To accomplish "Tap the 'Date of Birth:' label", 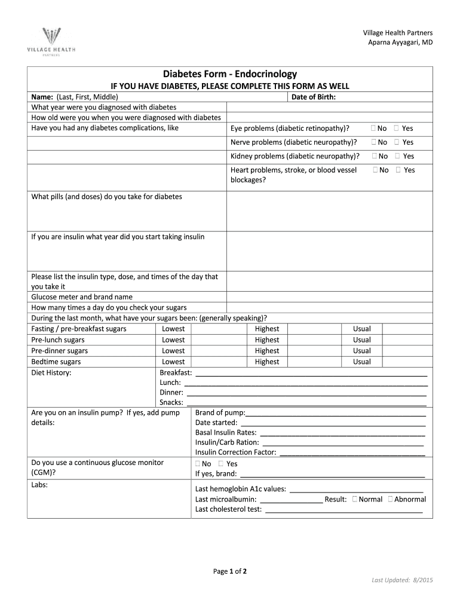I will click(314, 96).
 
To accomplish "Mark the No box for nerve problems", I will click(374, 142).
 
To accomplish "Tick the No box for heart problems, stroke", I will click(375, 170).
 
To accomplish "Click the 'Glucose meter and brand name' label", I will click(82, 297).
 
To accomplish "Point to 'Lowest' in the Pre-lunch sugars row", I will click(173, 340).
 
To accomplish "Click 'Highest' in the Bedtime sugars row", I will click(266, 362).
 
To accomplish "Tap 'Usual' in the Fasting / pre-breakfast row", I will click(361, 329).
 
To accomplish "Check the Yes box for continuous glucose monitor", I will click(222, 464).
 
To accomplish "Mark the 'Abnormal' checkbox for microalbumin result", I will click(390, 499).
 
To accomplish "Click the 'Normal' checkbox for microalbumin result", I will click(355, 499).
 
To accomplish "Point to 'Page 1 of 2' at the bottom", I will click(230, 571).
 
